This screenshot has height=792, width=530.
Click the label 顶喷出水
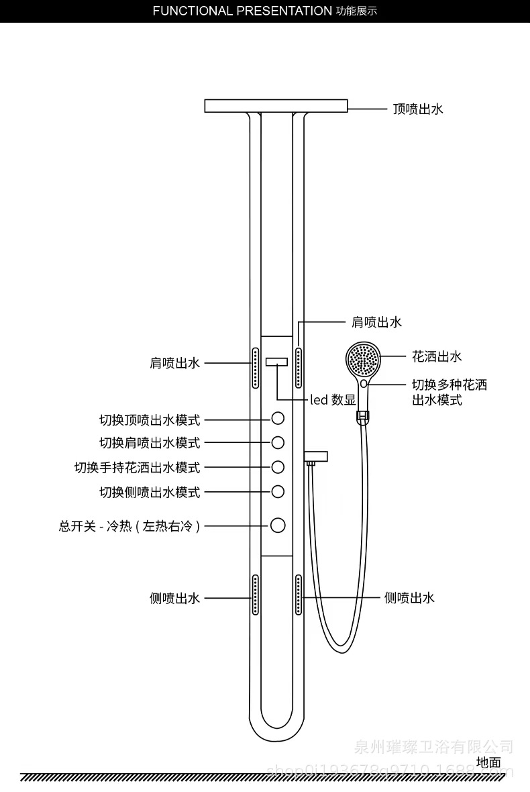[418, 109]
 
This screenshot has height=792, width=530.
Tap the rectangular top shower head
[276, 106]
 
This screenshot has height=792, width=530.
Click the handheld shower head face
[363, 360]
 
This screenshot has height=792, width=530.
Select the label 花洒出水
[437, 356]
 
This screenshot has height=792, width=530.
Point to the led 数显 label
[333, 400]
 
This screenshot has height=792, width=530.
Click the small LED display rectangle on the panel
[276, 362]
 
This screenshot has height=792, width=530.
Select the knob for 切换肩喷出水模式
[278, 442]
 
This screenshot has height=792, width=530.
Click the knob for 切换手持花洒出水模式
[278, 466]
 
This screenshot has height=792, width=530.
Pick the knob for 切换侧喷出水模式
[278, 491]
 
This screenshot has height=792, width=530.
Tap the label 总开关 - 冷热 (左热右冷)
[129, 526]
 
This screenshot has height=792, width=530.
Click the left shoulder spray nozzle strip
[256, 367]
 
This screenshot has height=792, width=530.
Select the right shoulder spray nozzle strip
[298, 367]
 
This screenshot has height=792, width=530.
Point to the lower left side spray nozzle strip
[256, 594]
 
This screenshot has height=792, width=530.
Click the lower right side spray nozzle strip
[298, 594]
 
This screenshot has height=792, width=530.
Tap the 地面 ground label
[488, 762]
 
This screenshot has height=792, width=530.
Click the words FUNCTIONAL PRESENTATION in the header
[242, 11]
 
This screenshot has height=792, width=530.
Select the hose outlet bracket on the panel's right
[316, 457]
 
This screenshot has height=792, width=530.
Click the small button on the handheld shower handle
[363, 383]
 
